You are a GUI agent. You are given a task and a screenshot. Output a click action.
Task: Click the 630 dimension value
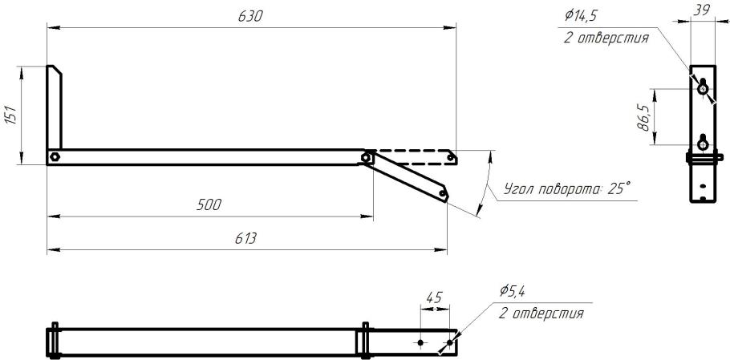tap(250, 17)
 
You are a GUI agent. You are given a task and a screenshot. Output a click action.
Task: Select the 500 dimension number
tap(209, 205)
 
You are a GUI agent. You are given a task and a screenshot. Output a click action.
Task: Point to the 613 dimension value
tap(246, 239)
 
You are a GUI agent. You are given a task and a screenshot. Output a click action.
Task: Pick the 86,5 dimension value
tap(644, 118)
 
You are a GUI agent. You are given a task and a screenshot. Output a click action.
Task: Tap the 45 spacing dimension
tap(434, 297)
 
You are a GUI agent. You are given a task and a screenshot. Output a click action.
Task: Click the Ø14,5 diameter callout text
tap(581, 15)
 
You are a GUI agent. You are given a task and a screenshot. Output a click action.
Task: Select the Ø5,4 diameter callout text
tap(513, 291)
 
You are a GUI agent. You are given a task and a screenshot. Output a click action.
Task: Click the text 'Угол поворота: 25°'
tap(567, 189)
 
